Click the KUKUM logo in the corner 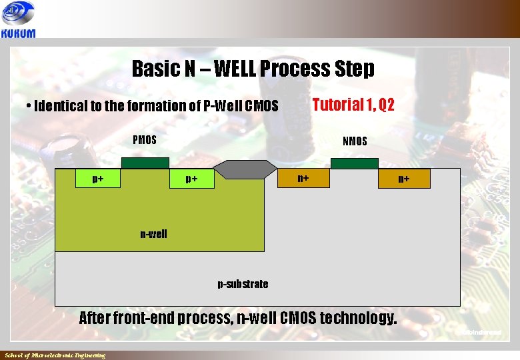(19, 20)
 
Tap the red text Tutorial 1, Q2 (353, 105)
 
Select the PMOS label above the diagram (145, 140)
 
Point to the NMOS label (355, 141)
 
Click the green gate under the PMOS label (145, 163)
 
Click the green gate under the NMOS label (354, 163)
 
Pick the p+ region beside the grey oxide (192, 179)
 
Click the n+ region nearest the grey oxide (303, 178)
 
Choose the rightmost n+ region (404, 179)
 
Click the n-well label (153, 234)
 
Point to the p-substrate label (243, 284)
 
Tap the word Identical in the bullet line (61, 106)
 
